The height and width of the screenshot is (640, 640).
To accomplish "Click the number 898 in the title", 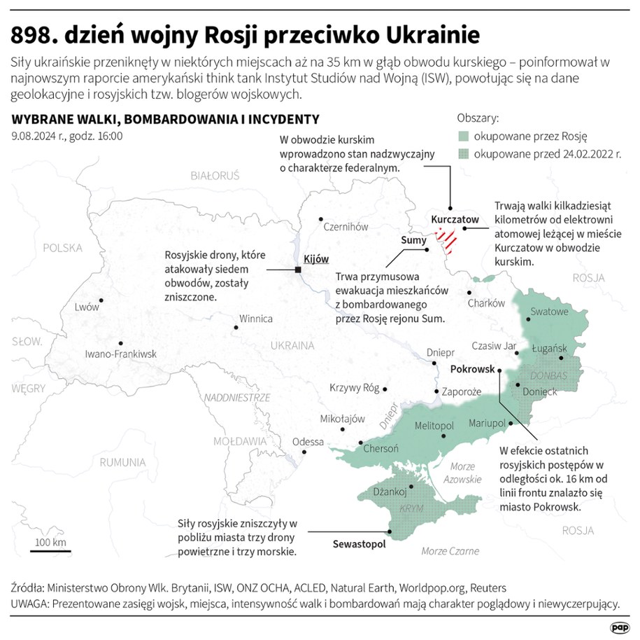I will pos(36,34).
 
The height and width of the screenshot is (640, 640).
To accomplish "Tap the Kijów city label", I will pos(317,259).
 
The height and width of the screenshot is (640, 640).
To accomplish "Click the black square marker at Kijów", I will pos(299,270).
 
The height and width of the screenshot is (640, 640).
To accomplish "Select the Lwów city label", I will pos(87,307).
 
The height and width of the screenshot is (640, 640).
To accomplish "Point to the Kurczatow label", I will pos(455,219).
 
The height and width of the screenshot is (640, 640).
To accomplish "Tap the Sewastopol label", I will pos(359,543).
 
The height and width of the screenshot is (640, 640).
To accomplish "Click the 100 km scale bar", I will pos(50,551).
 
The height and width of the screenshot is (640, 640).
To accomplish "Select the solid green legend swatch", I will pos(463,137).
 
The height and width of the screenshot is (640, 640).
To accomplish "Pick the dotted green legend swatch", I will pos(463,154).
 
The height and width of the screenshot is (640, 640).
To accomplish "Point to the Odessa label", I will pos(308,442).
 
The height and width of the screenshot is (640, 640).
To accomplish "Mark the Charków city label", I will pos(486,303).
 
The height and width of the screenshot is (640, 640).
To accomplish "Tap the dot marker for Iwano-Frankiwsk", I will pos(121,343).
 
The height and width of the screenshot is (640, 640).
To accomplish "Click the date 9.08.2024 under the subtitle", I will pos(38,136).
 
